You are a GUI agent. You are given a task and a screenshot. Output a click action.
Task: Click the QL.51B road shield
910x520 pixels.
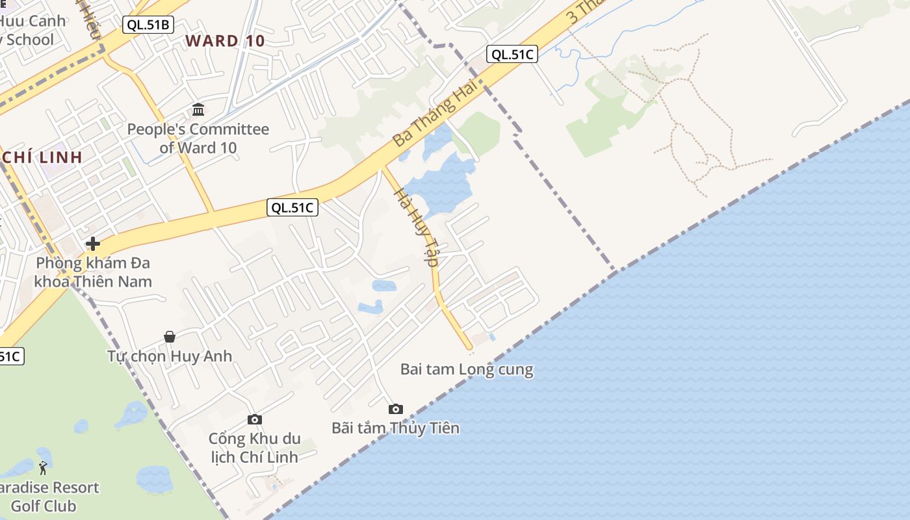point(148,25)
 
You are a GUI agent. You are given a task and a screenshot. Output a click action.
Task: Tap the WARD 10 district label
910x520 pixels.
point(225,41)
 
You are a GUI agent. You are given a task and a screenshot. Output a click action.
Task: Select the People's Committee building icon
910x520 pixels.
point(198,109)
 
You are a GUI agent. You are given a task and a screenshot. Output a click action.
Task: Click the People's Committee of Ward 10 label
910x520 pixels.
point(198,138)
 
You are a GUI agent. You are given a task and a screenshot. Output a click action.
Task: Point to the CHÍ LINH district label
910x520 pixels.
point(43,157)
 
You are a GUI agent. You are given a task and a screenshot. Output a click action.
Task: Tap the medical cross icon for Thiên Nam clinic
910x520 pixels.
point(92,244)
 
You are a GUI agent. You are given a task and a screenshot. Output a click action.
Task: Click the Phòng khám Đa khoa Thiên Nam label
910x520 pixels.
point(93,272)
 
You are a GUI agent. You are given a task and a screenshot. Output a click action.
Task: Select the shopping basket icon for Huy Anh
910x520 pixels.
point(170,336)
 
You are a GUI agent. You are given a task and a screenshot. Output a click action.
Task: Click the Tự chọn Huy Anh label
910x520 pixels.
point(170,356)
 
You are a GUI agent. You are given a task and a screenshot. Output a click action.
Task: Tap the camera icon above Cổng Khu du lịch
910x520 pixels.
point(255,419)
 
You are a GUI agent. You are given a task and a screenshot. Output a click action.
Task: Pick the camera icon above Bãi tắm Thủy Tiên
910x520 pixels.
point(395,409)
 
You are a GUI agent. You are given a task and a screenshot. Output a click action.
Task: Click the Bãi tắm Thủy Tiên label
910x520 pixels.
point(395,428)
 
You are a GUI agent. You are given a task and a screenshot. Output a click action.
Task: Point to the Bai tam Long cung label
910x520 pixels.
point(467,370)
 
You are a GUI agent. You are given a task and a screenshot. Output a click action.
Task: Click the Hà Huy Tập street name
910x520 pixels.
point(417,227)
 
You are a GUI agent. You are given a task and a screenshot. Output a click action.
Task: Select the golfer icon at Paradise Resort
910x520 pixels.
point(43,467)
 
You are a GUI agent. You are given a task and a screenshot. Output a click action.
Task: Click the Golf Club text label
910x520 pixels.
point(44,506)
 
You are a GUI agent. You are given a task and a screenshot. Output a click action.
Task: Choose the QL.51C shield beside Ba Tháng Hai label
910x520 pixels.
point(512,54)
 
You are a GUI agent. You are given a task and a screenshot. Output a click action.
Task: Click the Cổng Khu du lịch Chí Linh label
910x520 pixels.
point(255,447)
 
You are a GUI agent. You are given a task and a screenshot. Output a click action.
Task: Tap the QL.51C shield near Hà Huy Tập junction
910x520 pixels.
point(292,208)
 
